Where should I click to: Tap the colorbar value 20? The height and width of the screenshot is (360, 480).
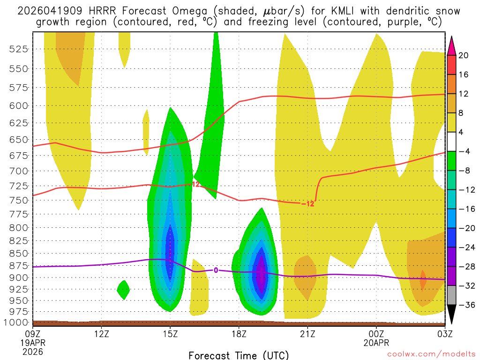point(464,55)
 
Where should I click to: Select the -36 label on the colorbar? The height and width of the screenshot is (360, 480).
point(465,305)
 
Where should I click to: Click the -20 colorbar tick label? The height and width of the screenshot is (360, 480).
point(465,228)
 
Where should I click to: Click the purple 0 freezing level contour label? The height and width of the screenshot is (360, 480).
point(216,270)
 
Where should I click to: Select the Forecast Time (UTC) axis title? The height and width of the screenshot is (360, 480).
point(239,355)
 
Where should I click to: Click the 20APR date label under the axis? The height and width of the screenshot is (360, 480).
point(376,342)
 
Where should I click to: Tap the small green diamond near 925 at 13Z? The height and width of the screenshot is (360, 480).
point(123,290)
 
